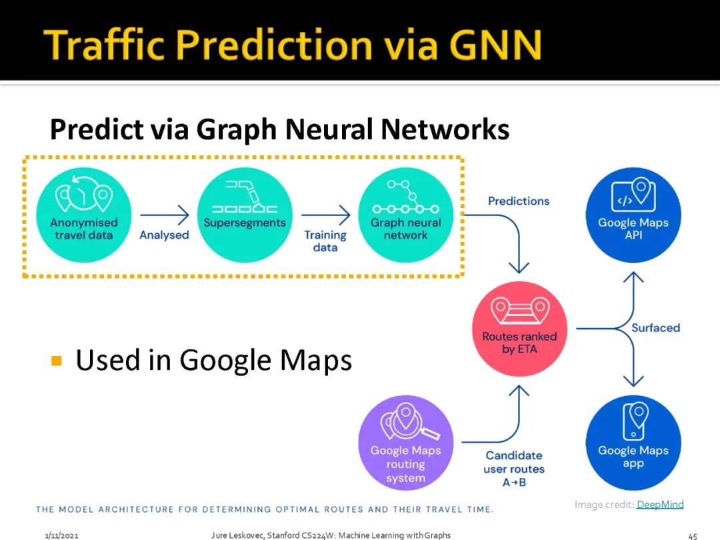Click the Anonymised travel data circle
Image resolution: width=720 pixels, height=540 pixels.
pyautogui.click(x=83, y=214)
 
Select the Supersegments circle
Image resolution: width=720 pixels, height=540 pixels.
pyautogui.click(x=245, y=214)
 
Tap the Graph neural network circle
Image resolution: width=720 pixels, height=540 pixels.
pyautogui.click(x=405, y=214)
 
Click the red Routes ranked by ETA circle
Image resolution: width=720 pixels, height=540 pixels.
pyautogui.click(x=519, y=328)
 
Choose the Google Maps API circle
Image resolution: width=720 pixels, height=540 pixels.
pyautogui.click(x=633, y=215)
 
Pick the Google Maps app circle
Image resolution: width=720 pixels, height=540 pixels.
pyautogui.click(x=633, y=443)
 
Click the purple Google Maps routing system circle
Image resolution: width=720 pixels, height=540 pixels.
pyautogui.click(x=405, y=443)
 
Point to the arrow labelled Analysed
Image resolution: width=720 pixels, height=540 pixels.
pyautogui.click(x=165, y=215)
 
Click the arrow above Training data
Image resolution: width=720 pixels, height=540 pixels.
pyautogui.click(x=325, y=215)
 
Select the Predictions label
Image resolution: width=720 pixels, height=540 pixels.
pyautogui.click(x=519, y=201)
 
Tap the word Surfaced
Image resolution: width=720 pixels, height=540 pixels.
pyautogui.click(x=656, y=328)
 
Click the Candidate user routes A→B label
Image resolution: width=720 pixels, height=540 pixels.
pyautogui.click(x=513, y=469)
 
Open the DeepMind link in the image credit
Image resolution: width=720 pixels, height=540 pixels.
pyautogui.click(x=660, y=505)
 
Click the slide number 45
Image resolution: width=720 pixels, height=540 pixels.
pyautogui.click(x=692, y=535)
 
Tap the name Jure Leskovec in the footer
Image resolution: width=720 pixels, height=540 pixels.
pyautogui.click(x=237, y=535)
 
